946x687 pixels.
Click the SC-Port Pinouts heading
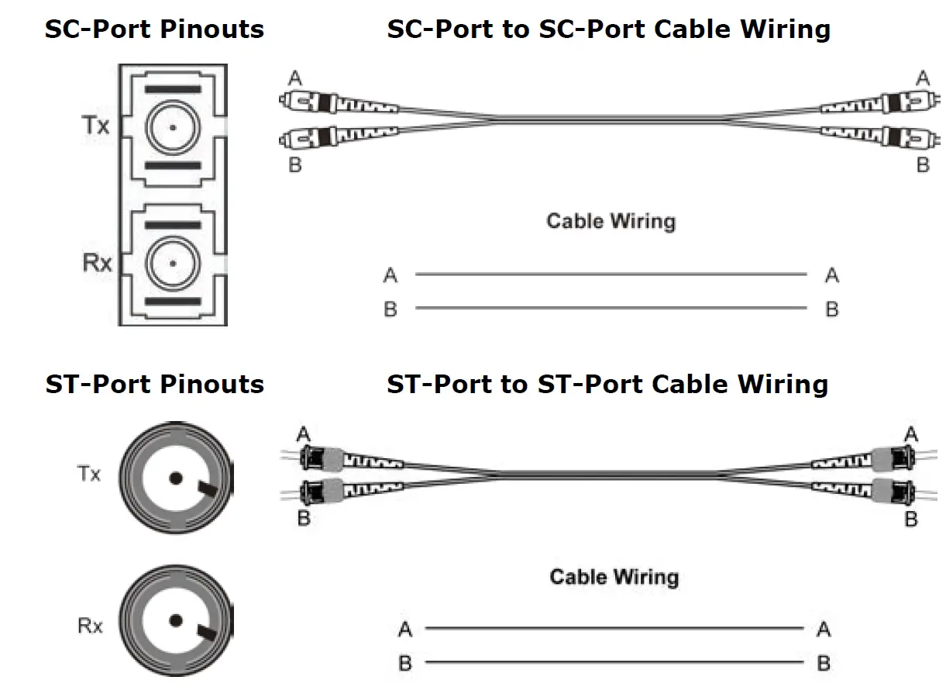coord(154,29)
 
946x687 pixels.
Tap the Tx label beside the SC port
coord(96,126)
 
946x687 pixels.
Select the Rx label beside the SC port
coord(97,264)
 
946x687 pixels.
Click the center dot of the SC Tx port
coord(173,127)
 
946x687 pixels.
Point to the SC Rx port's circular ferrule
coord(173,264)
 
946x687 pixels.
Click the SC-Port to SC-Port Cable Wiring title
coord(608,29)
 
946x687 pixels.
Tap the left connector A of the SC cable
coord(310,102)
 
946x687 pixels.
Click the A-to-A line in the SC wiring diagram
coord(611,274)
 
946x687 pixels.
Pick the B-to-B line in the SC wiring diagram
coord(611,309)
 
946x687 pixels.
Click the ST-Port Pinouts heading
coord(154,385)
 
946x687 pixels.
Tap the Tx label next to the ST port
coord(89,474)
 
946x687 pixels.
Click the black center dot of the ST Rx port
coord(177,620)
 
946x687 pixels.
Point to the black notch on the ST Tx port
coord(208,488)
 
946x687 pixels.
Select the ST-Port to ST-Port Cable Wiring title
coord(607,385)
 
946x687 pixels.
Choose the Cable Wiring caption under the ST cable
coord(614,577)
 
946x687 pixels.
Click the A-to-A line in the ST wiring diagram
coord(614,629)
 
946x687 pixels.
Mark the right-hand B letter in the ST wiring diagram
coord(823,664)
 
